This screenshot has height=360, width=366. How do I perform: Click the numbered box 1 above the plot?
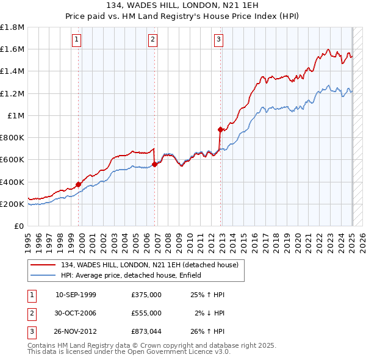click(x=77, y=40)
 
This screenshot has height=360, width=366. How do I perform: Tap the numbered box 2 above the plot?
click(x=152, y=40)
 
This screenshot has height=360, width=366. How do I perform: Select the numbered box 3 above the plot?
click(x=218, y=40)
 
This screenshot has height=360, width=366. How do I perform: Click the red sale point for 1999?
click(x=79, y=184)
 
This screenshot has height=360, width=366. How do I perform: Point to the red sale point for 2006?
click(x=155, y=164)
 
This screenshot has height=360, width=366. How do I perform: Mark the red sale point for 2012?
click(x=220, y=129)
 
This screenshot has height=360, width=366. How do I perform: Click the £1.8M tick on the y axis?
click(x=12, y=27)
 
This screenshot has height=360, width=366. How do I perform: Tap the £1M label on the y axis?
click(x=16, y=115)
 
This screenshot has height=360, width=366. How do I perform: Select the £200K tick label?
click(x=12, y=204)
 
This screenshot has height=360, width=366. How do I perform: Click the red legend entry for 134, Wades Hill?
click(x=152, y=264)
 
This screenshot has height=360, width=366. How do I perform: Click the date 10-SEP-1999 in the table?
click(x=76, y=295)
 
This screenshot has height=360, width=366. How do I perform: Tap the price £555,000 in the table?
click(x=146, y=313)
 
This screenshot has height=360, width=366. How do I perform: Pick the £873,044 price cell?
click(x=146, y=331)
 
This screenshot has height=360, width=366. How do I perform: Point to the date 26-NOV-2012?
click(x=76, y=331)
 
